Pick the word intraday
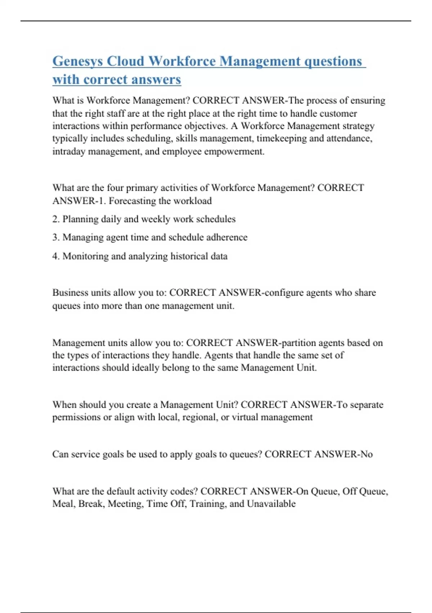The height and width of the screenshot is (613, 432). (x=69, y=151)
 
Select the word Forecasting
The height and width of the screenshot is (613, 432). (x=133, y=201)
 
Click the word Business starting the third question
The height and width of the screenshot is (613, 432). (x=71, y=292)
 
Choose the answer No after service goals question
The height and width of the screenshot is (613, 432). (x=366, y=454)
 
